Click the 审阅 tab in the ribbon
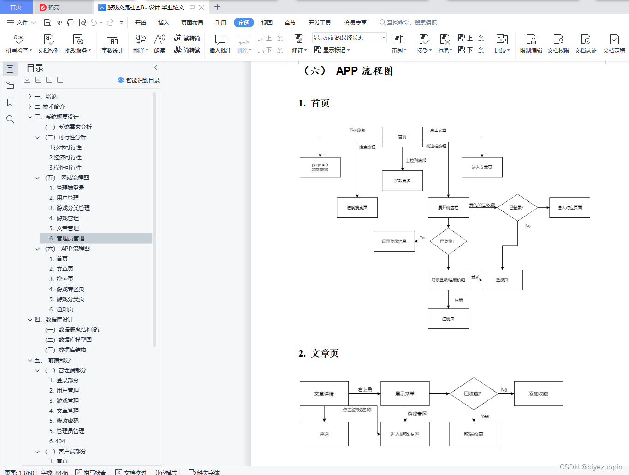[243, 23]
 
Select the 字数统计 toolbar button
[112, 44]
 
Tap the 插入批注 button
[220, 44]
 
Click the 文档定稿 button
[614, 44]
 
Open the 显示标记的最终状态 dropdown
[349, 38]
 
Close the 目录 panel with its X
[155, 68]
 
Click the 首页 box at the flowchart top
[402, 137]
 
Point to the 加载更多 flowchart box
[402, 181]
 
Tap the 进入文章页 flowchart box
[482, 167]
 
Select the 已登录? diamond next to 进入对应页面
[517, 208]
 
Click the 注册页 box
[448, 318]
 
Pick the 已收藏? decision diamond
[473, 393]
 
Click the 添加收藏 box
[538, 393]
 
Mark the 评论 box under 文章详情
[324, 434]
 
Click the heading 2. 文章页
[319, 353]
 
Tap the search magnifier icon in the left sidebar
[10, 119]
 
